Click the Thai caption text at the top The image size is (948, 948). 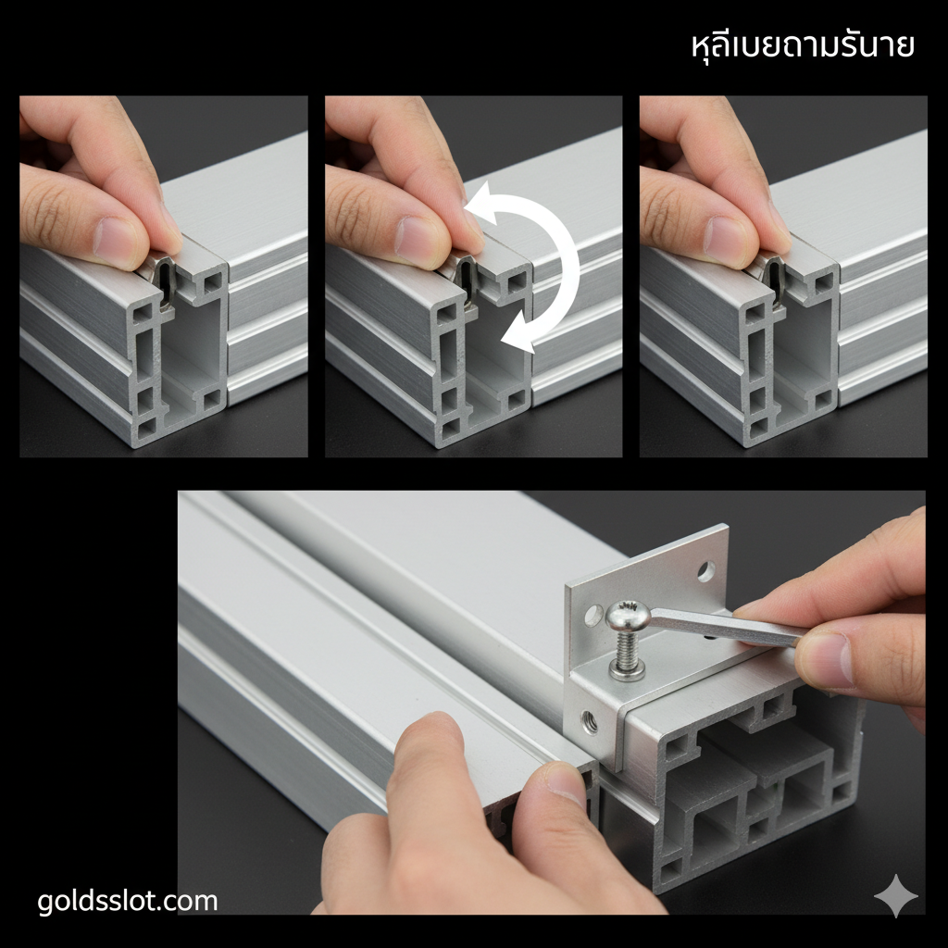click(x=803, y=45)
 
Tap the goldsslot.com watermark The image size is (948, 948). click(x=128, y=901)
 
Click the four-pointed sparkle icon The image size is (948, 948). click(x=896, y=897)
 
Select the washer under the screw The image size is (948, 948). click(x=628, y=670)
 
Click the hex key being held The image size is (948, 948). click(x=731, y=626)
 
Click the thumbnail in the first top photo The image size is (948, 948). click(x=118, y=243)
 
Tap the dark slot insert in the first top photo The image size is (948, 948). click(x=164, y=277)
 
